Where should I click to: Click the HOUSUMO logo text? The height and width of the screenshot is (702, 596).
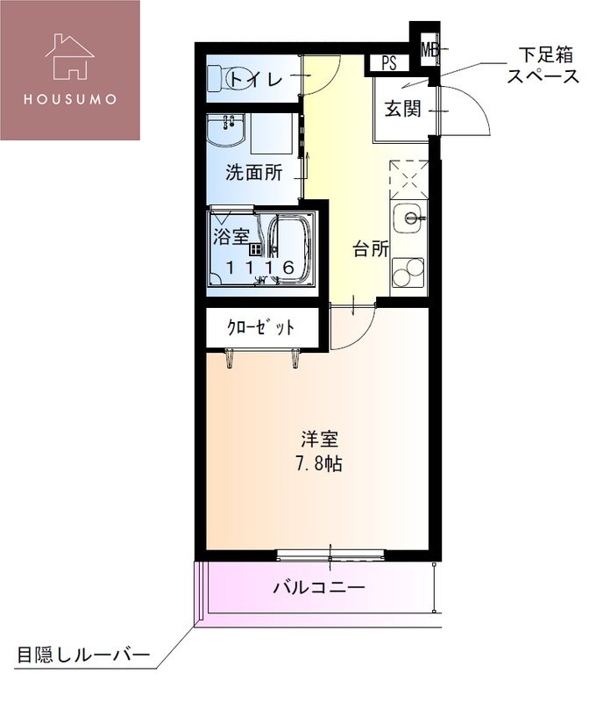click(69, 97)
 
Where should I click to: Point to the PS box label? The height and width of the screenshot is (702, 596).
click(388, 63)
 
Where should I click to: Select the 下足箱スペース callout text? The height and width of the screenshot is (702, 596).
click(543, 68)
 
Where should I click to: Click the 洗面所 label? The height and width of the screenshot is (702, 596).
click(253, 173)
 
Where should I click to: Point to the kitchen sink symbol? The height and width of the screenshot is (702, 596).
click(408, 217)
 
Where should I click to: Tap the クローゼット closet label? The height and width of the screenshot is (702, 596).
click(260, 328)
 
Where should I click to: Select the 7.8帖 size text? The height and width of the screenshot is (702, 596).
click(317, 464)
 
